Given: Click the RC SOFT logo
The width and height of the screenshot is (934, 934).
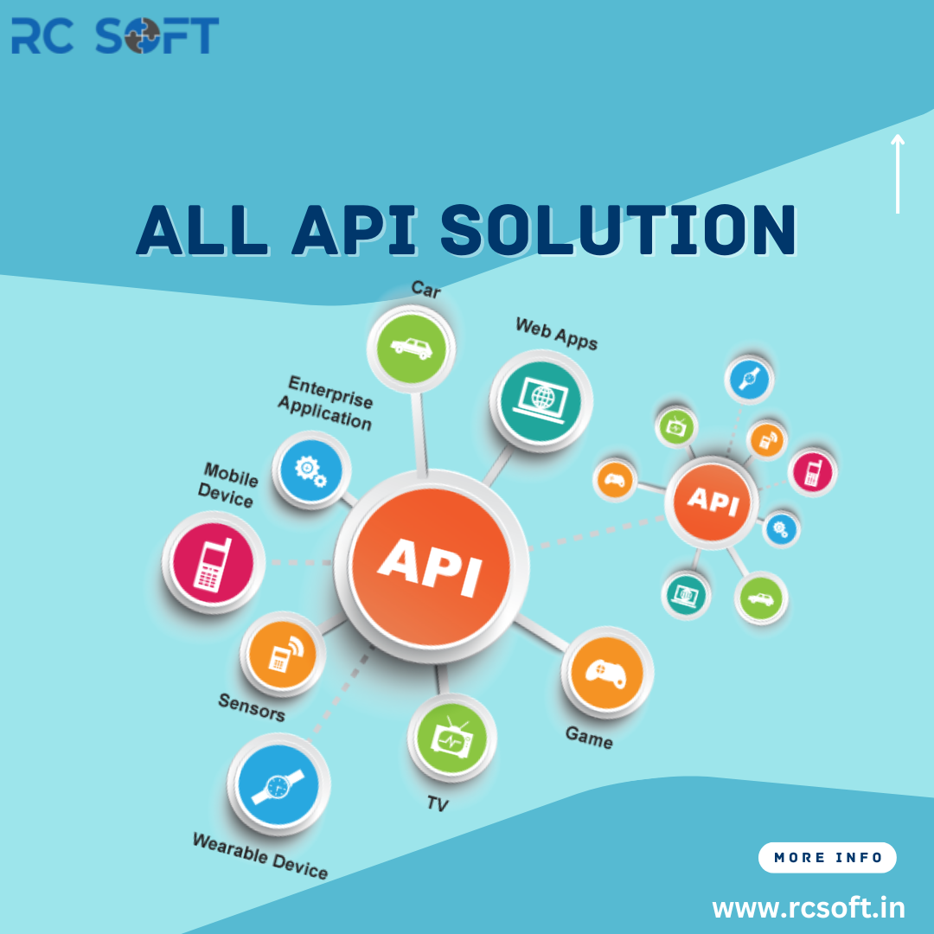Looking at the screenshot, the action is click(115, 35).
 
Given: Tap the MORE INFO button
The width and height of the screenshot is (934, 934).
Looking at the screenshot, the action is click(827, 857).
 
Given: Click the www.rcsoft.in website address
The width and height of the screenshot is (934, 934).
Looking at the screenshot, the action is click(809, 908).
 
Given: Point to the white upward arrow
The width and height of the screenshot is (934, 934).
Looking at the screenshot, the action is click(897, 173).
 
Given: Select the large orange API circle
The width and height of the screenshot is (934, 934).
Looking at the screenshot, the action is click(431, 566).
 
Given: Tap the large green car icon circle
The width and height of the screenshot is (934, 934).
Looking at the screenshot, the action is click(411, 348).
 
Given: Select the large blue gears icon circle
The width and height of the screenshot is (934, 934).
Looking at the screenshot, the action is click(311, 470).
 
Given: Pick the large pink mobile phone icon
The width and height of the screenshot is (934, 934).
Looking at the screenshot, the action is click(213, 562).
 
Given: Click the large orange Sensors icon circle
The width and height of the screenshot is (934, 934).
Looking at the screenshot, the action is click(282, 654).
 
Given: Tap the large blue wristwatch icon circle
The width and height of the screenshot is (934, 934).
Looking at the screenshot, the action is click(278, 785).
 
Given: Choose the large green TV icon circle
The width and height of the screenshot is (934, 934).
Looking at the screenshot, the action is click(451, 738).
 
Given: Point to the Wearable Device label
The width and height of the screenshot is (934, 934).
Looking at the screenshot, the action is click(260, 856).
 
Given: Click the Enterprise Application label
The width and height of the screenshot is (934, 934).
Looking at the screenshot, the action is click(326, 403).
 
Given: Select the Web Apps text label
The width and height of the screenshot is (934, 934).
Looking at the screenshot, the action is click(556, 333).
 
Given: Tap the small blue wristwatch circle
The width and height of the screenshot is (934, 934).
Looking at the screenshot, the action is click(749, 379).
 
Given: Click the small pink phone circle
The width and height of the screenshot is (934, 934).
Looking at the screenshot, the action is click(812, 471).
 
